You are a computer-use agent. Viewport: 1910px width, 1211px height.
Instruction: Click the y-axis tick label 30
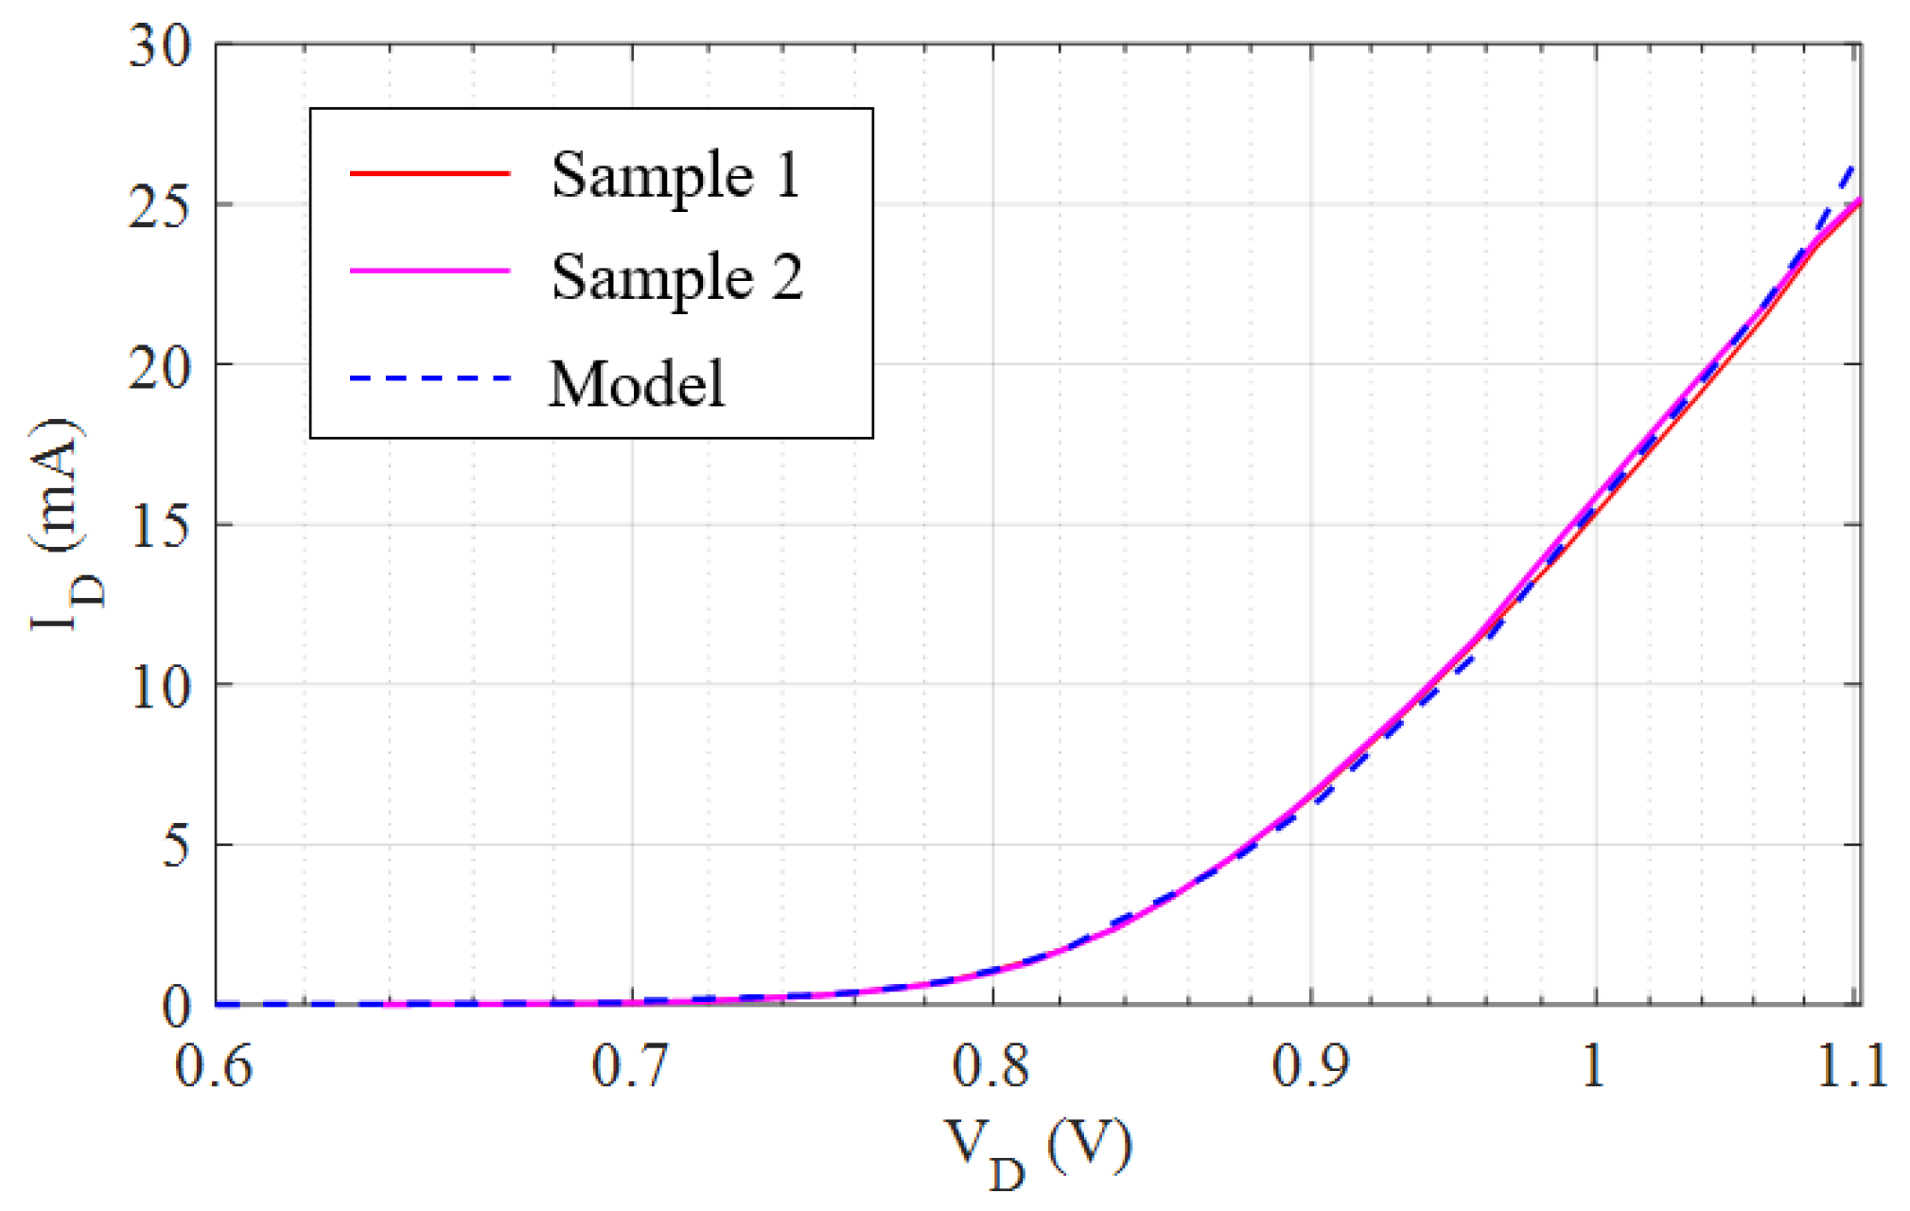(x=160, y=45)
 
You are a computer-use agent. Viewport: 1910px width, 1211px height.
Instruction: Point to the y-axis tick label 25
(x=160, y=205)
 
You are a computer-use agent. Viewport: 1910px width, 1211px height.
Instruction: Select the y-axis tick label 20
(x=160, y=366)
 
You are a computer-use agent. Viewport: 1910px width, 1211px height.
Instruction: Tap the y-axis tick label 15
(x=160, y=526)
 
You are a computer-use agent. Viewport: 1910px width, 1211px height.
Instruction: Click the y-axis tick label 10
(x=160, y=686)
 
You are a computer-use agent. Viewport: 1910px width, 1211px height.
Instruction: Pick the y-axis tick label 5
(x=176, y=846)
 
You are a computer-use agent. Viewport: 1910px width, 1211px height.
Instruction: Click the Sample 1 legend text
(x=675, y=176)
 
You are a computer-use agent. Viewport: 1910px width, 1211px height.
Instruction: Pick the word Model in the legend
(x=637, y=384)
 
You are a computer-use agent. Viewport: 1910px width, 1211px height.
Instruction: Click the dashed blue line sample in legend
(x=430, y=378)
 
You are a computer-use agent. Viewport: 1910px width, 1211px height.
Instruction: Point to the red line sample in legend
(x=430, y=173)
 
